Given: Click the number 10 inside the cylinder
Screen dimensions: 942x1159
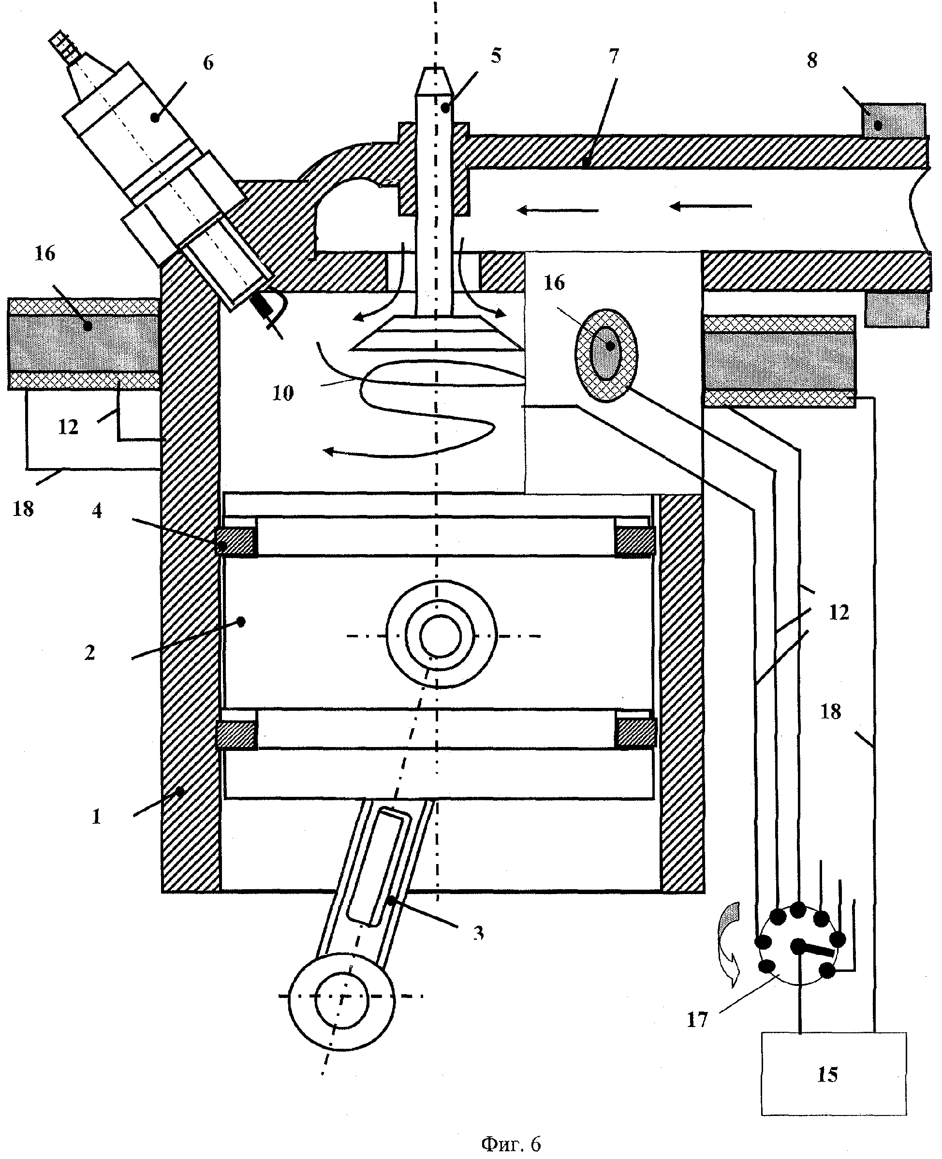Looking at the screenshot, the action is point(283,393).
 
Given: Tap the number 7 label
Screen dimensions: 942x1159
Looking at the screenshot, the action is point(614,56).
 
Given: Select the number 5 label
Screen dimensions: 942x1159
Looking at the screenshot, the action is point(496,55).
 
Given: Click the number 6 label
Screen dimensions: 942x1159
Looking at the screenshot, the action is point(208,63).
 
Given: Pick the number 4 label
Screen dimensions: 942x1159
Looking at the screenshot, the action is point(97,511).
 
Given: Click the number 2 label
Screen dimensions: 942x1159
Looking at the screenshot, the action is point(89,653).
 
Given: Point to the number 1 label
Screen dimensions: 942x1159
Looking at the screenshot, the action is point(96,817).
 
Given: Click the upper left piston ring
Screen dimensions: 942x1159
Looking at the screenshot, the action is point(236,541).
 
